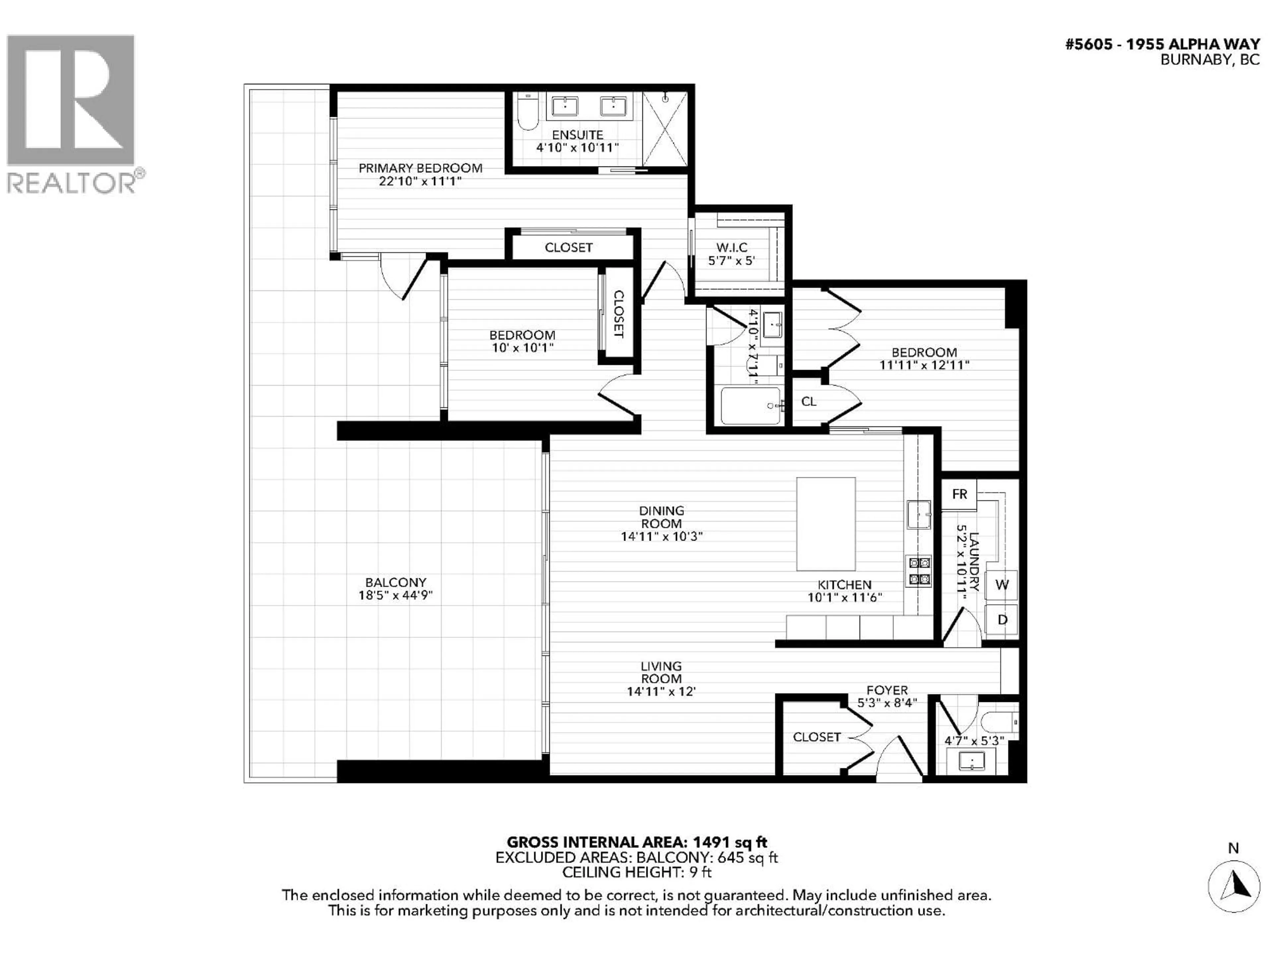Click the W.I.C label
pos(731,247)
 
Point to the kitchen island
pos(825,524)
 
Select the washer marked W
pos(1001,585)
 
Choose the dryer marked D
pos(1001,619)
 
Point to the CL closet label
pos(809,401)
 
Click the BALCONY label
pos(395,583)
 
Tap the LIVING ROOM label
pos(661,672)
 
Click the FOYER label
pos(887,690)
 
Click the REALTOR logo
pos(72,112)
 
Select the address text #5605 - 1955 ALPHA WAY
pos(1163,45)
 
